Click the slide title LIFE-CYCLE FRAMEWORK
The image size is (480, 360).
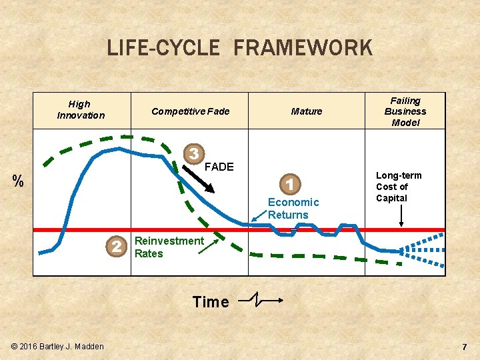tap(239, 48)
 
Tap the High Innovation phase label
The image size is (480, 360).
tap(80, 109)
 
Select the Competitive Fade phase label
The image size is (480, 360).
tap(190, 111)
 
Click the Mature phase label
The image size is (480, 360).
tap(306, 111)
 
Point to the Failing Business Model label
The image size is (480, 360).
tap(405, 111)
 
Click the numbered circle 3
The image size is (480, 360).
tap(193, 153)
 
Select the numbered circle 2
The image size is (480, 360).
tap(117, 247)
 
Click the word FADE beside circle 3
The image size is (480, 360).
tap(219, 167)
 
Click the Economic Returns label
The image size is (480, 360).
tap(293, 208)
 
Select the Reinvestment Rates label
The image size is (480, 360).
tap(169, 247)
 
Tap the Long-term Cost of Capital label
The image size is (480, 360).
tap(399, 187)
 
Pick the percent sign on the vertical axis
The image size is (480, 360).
tap(19, 181)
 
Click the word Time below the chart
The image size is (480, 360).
tap(211, 302)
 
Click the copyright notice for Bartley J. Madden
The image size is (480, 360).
tap(57, 346)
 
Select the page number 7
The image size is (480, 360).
tap(465, 347)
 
